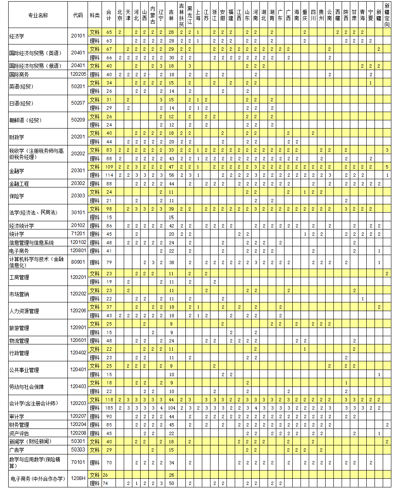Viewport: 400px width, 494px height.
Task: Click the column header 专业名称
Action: coord(38,15)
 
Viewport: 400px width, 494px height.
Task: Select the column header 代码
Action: coord(78,15)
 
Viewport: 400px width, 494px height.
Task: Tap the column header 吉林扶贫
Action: coord(181,15)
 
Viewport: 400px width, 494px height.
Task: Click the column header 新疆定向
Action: coord(387,15)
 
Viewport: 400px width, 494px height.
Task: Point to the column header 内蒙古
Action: coord(153,15)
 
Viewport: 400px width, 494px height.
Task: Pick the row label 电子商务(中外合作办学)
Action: coord(37,479)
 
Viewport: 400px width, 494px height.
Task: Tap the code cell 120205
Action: coord(78,74)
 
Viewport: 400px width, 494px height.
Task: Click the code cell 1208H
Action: coord(78,478)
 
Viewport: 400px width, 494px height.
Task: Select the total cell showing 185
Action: coord(109,408)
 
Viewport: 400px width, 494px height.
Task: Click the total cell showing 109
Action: coord(109,167)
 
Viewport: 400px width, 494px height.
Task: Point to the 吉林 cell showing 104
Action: coord(171,408)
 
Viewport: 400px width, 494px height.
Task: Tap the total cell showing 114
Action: coord(109,175)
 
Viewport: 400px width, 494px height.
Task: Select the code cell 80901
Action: coord(78,262)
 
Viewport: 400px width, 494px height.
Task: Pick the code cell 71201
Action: coord(78,234)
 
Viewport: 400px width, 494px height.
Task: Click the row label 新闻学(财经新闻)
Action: coord(30,441)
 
